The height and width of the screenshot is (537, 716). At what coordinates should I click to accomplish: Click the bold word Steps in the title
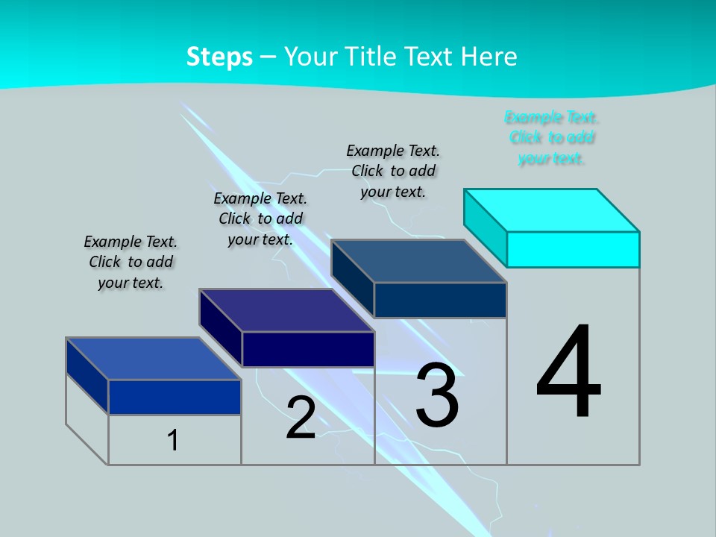pyautogui.click(x=219, y=57)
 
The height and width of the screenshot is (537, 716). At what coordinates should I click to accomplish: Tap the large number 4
pyautogui.click(x=568, y=372)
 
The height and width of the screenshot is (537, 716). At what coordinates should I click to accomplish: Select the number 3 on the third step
pyautogui.click(x=437, y=395)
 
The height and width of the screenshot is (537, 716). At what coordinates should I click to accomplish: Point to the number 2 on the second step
pyautogui.click(x=301, y=418)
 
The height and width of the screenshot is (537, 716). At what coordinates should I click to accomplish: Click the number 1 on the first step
pyautogui.click(x=173, y=440)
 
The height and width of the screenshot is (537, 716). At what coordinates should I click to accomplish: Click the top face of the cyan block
pyautogui.click(x=550, y=210)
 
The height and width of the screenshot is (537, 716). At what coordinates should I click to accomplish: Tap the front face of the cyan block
pyautogui.click(x=573, y=249)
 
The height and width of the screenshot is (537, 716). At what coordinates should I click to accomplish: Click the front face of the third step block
pyautogui.click(x=440, y=300)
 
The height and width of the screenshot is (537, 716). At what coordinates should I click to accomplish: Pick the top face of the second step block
pyautogui.click(x=286, y=310)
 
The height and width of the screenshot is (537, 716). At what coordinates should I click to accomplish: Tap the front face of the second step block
pyautogui.click(x=308, y=349)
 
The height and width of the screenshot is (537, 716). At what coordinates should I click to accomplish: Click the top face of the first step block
pyautogui.click(x=153, y=359)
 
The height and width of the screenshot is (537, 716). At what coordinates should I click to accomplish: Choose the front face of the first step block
pyautogui.click(x=175, y=397)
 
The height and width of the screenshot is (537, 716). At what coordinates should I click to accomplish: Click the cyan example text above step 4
pyautogui.click(x=551, y=138)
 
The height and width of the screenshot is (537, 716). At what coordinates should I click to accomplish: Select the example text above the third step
pyautogui.click(x=393, y=171)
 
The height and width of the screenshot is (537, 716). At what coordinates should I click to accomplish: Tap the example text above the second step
pyautogui.click(x=260, y=219)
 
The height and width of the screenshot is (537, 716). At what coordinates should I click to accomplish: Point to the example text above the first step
pyautogui.click(x=131, y=262)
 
